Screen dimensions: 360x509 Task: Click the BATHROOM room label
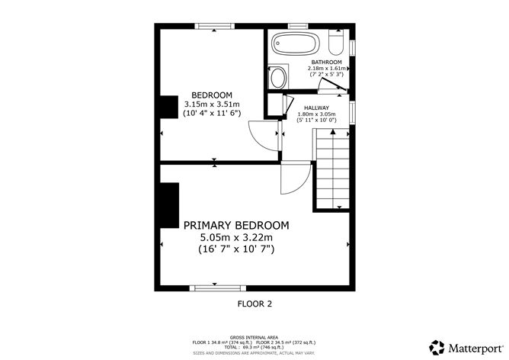click(x=327, y=62)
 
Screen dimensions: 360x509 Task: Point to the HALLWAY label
click(x=316, y=108)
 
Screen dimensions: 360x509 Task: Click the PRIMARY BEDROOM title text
click(x=236, y=225)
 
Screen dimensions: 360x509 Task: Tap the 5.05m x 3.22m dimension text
click(x=236, y=237)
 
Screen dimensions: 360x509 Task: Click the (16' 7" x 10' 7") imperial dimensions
click(x=236, y=249)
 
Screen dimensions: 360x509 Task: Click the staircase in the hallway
click(x=331, y=169)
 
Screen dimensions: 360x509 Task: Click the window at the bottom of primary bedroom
click(x=217, y=288)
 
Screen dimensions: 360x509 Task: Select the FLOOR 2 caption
click(x=254, y=304)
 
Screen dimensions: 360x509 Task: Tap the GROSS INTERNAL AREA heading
click(x=254, y=336)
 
